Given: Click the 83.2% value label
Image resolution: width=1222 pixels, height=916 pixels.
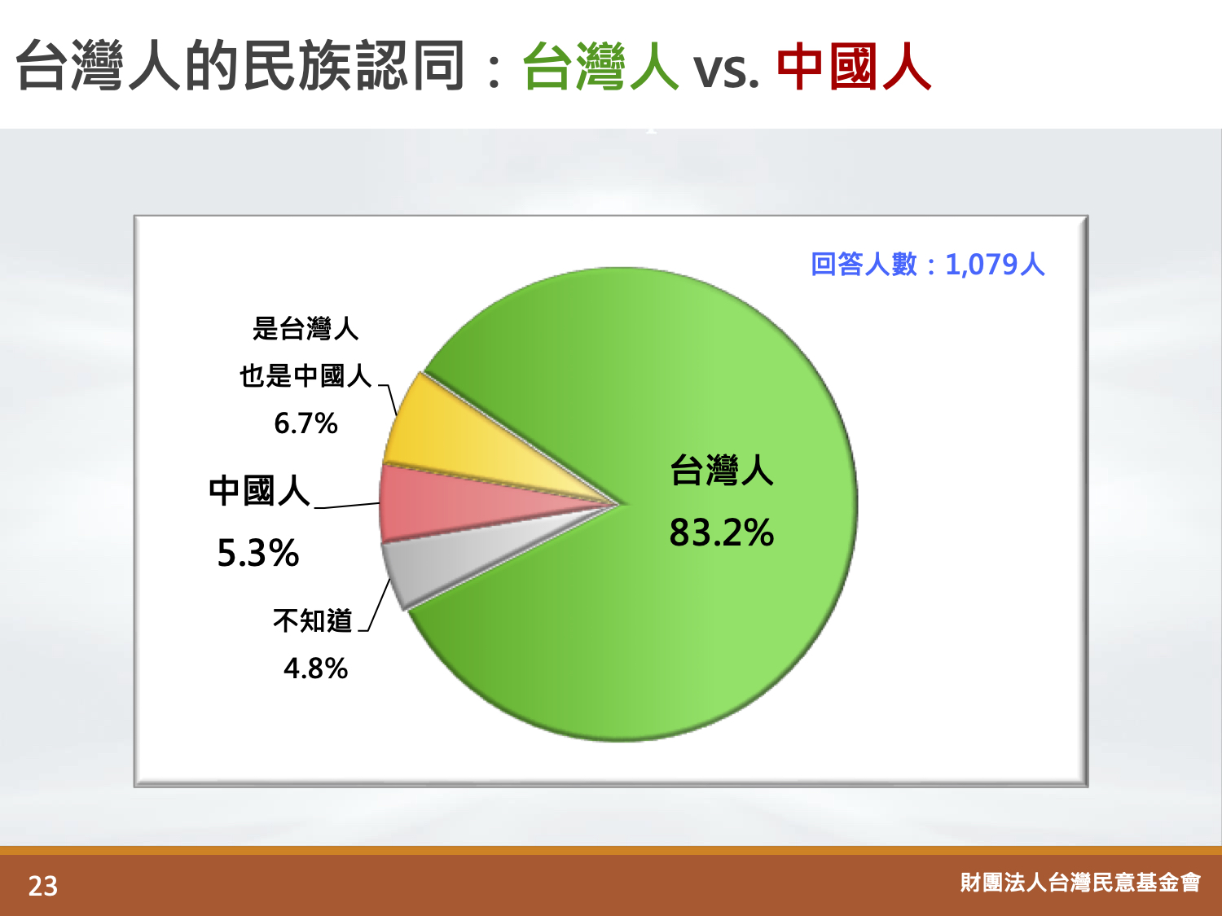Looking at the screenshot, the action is pyautogui.click(x=722, y=533).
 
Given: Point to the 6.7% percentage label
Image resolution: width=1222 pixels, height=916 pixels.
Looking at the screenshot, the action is pyautogui.click(x=305, y=423).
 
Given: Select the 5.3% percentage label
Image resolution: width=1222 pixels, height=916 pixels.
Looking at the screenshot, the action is pyautogui.click(x=257, y=554).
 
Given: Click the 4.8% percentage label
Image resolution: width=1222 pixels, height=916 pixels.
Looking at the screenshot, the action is pyautogui.click(x=315, y=668).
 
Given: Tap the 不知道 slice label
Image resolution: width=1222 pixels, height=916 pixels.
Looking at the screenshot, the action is pyautogui.click(x=313, y=620).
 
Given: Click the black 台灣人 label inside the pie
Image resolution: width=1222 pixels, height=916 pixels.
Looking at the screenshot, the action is pyautogui.click(x=722, y=471).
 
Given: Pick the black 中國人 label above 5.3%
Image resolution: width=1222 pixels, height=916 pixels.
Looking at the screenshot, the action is pyautogui.click(x=259, y=490).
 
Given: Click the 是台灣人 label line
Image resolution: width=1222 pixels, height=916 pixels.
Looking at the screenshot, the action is pyautogui.click(x=305, y=328).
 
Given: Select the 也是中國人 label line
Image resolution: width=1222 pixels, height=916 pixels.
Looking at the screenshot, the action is pyautogui.click(x=305, y=376).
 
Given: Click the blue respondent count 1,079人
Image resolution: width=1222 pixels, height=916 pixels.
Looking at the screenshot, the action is pyautogui.click(x=995, y=264).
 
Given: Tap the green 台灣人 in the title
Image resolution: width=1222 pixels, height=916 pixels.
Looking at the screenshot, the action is pyautogui.click(x=601, y=66).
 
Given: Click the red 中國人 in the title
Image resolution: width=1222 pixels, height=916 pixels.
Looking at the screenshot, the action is pyautogui.click(x=854, y=66).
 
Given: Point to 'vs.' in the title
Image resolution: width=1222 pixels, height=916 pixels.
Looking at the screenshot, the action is pyautogui.click(x=726, y=71).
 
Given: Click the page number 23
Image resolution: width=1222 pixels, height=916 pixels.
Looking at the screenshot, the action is pyautogui.click(x=43, y=886).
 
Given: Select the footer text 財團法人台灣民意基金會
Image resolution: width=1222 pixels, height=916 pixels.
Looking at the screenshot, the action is pyautogui.click(x=1080, y=883).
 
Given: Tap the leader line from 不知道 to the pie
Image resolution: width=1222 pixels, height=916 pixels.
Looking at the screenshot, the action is pyautogui.click(x=374, y=605).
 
